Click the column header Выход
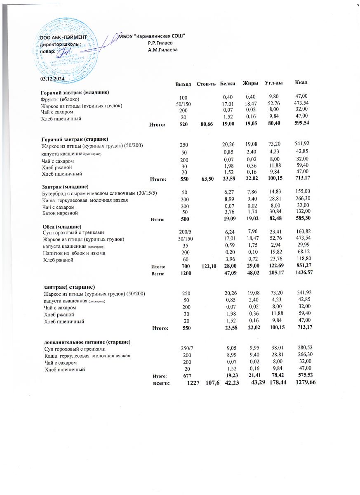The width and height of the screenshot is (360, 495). (183, 84)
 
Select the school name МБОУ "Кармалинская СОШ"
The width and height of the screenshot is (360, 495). (151, 36)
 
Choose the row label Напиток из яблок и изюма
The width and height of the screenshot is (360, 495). (74, 253)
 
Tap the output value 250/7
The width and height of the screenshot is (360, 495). (181, 349)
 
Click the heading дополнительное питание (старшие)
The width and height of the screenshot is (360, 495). (88, 342)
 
